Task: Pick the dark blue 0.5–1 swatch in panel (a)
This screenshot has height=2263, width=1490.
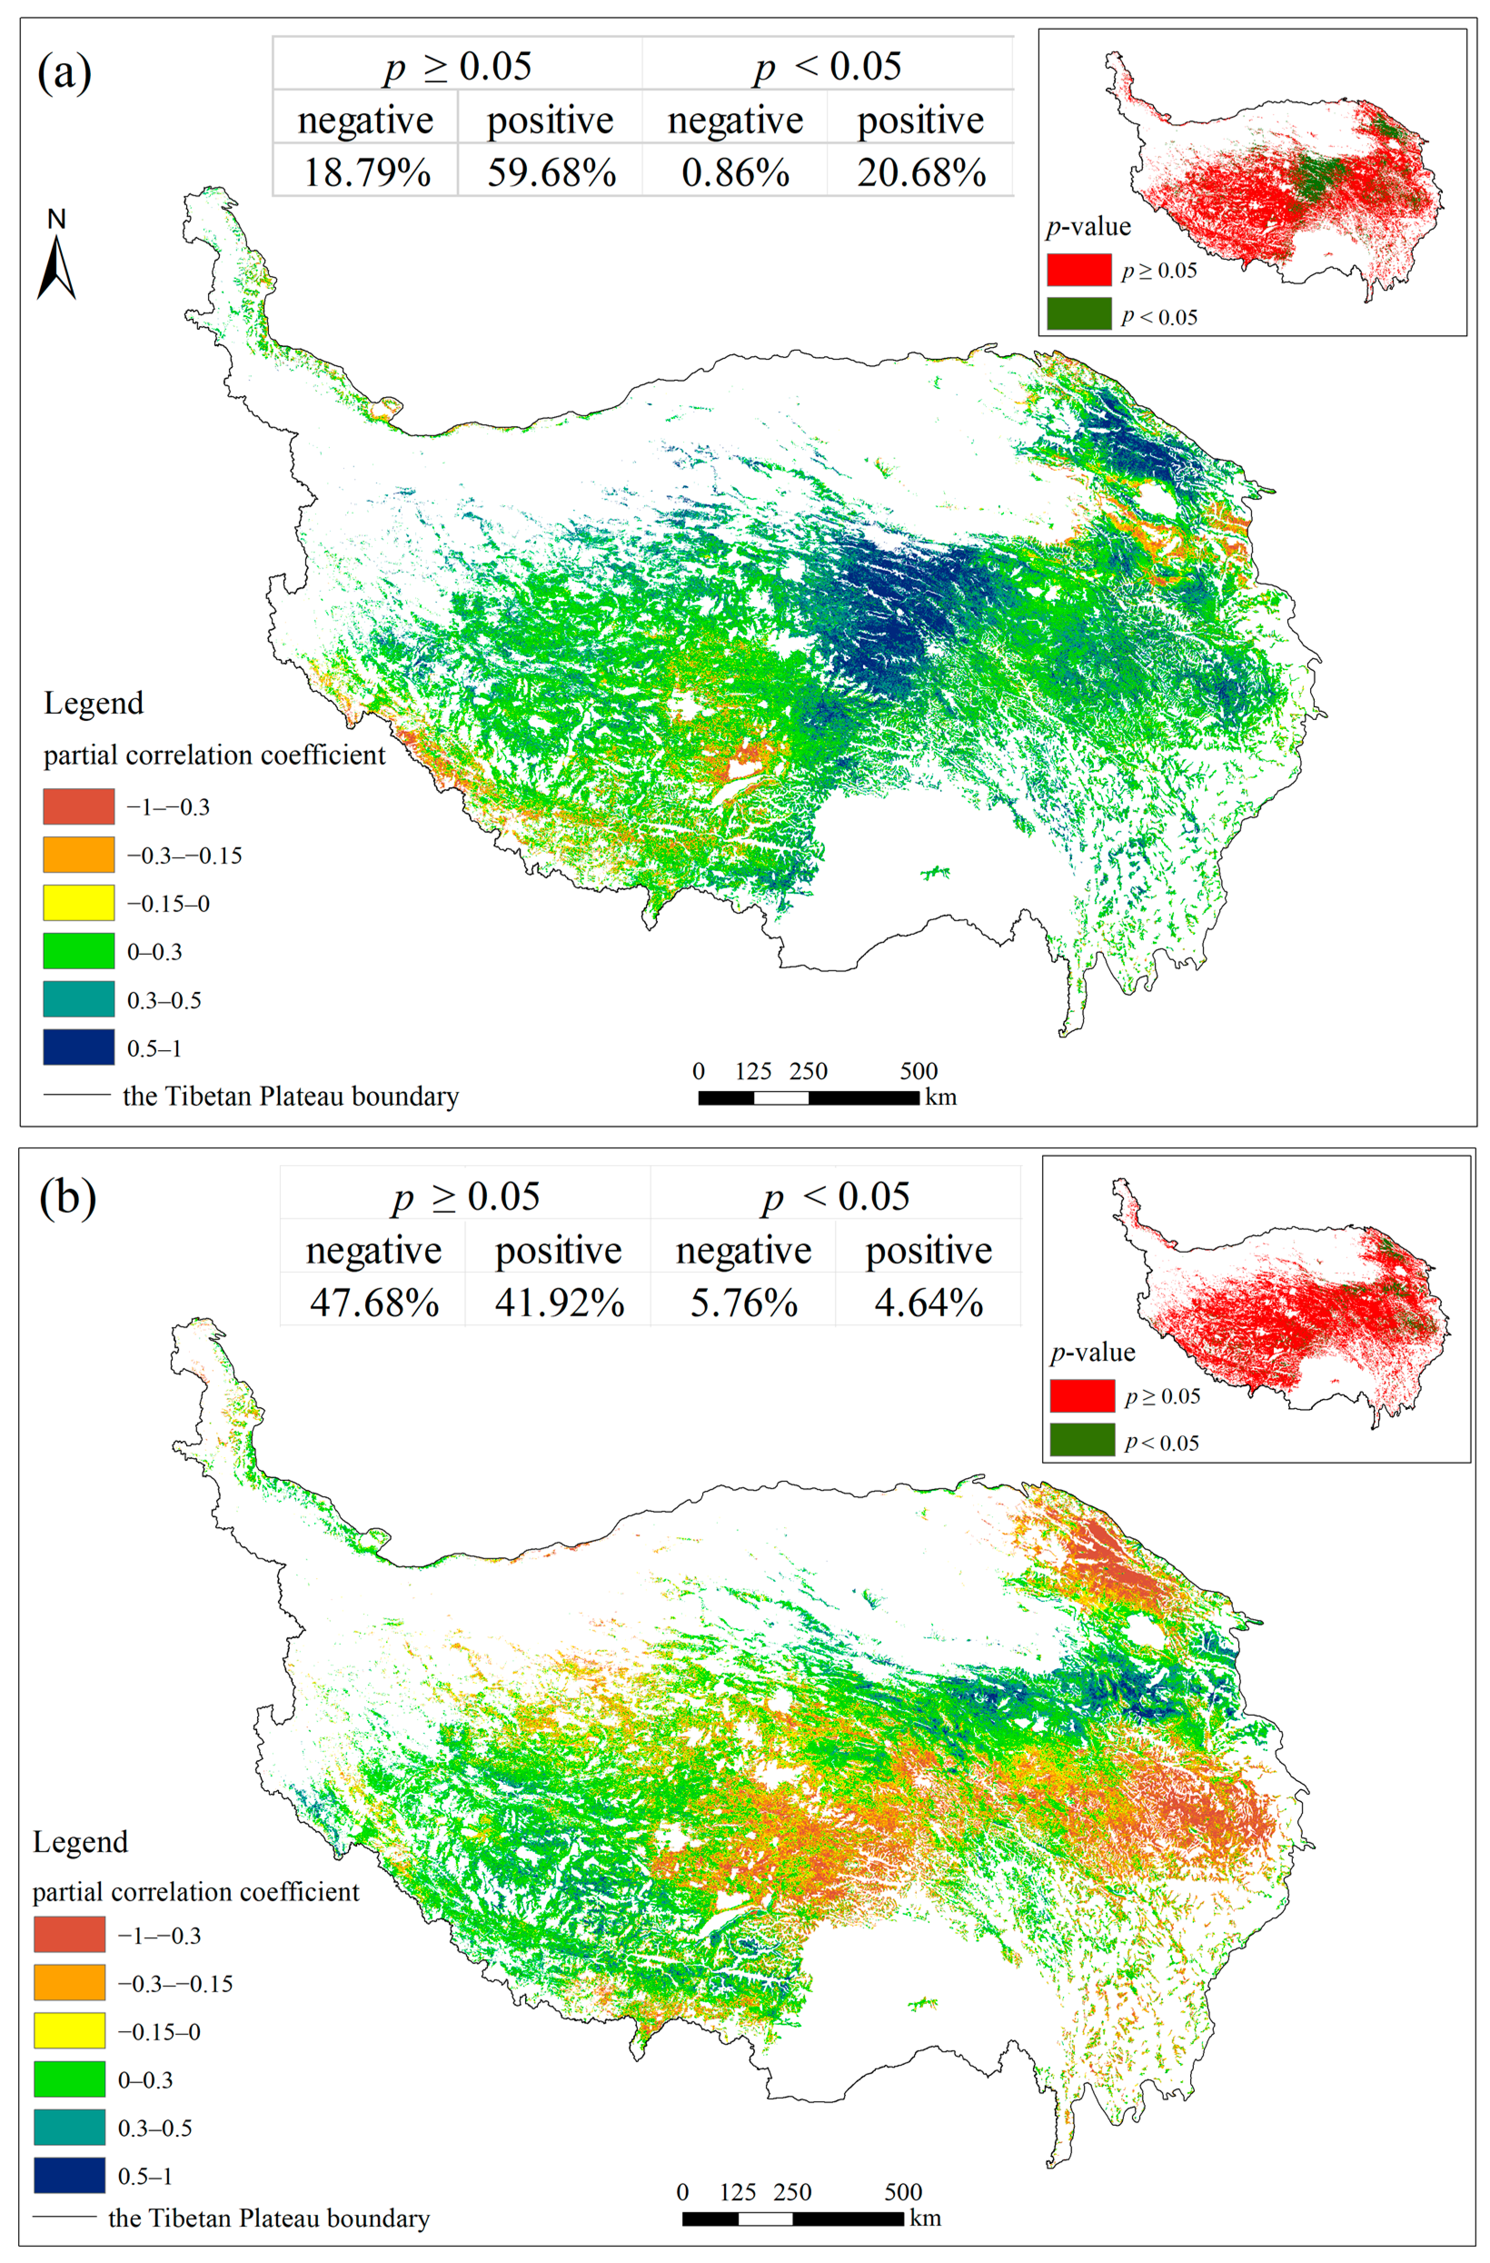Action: coord(79,1047)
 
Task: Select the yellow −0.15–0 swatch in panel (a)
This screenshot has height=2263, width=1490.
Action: coord(79,903)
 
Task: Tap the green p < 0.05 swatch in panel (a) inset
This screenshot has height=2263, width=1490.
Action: coord(1078,314)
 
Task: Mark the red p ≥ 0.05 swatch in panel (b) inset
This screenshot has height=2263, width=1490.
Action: coord(1082,1396)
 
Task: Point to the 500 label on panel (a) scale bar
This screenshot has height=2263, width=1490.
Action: coord(919,1072)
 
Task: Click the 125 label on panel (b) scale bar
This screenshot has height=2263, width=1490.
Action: coord(737,2193)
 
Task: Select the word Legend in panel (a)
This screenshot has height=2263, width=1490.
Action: coord(93,704)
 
